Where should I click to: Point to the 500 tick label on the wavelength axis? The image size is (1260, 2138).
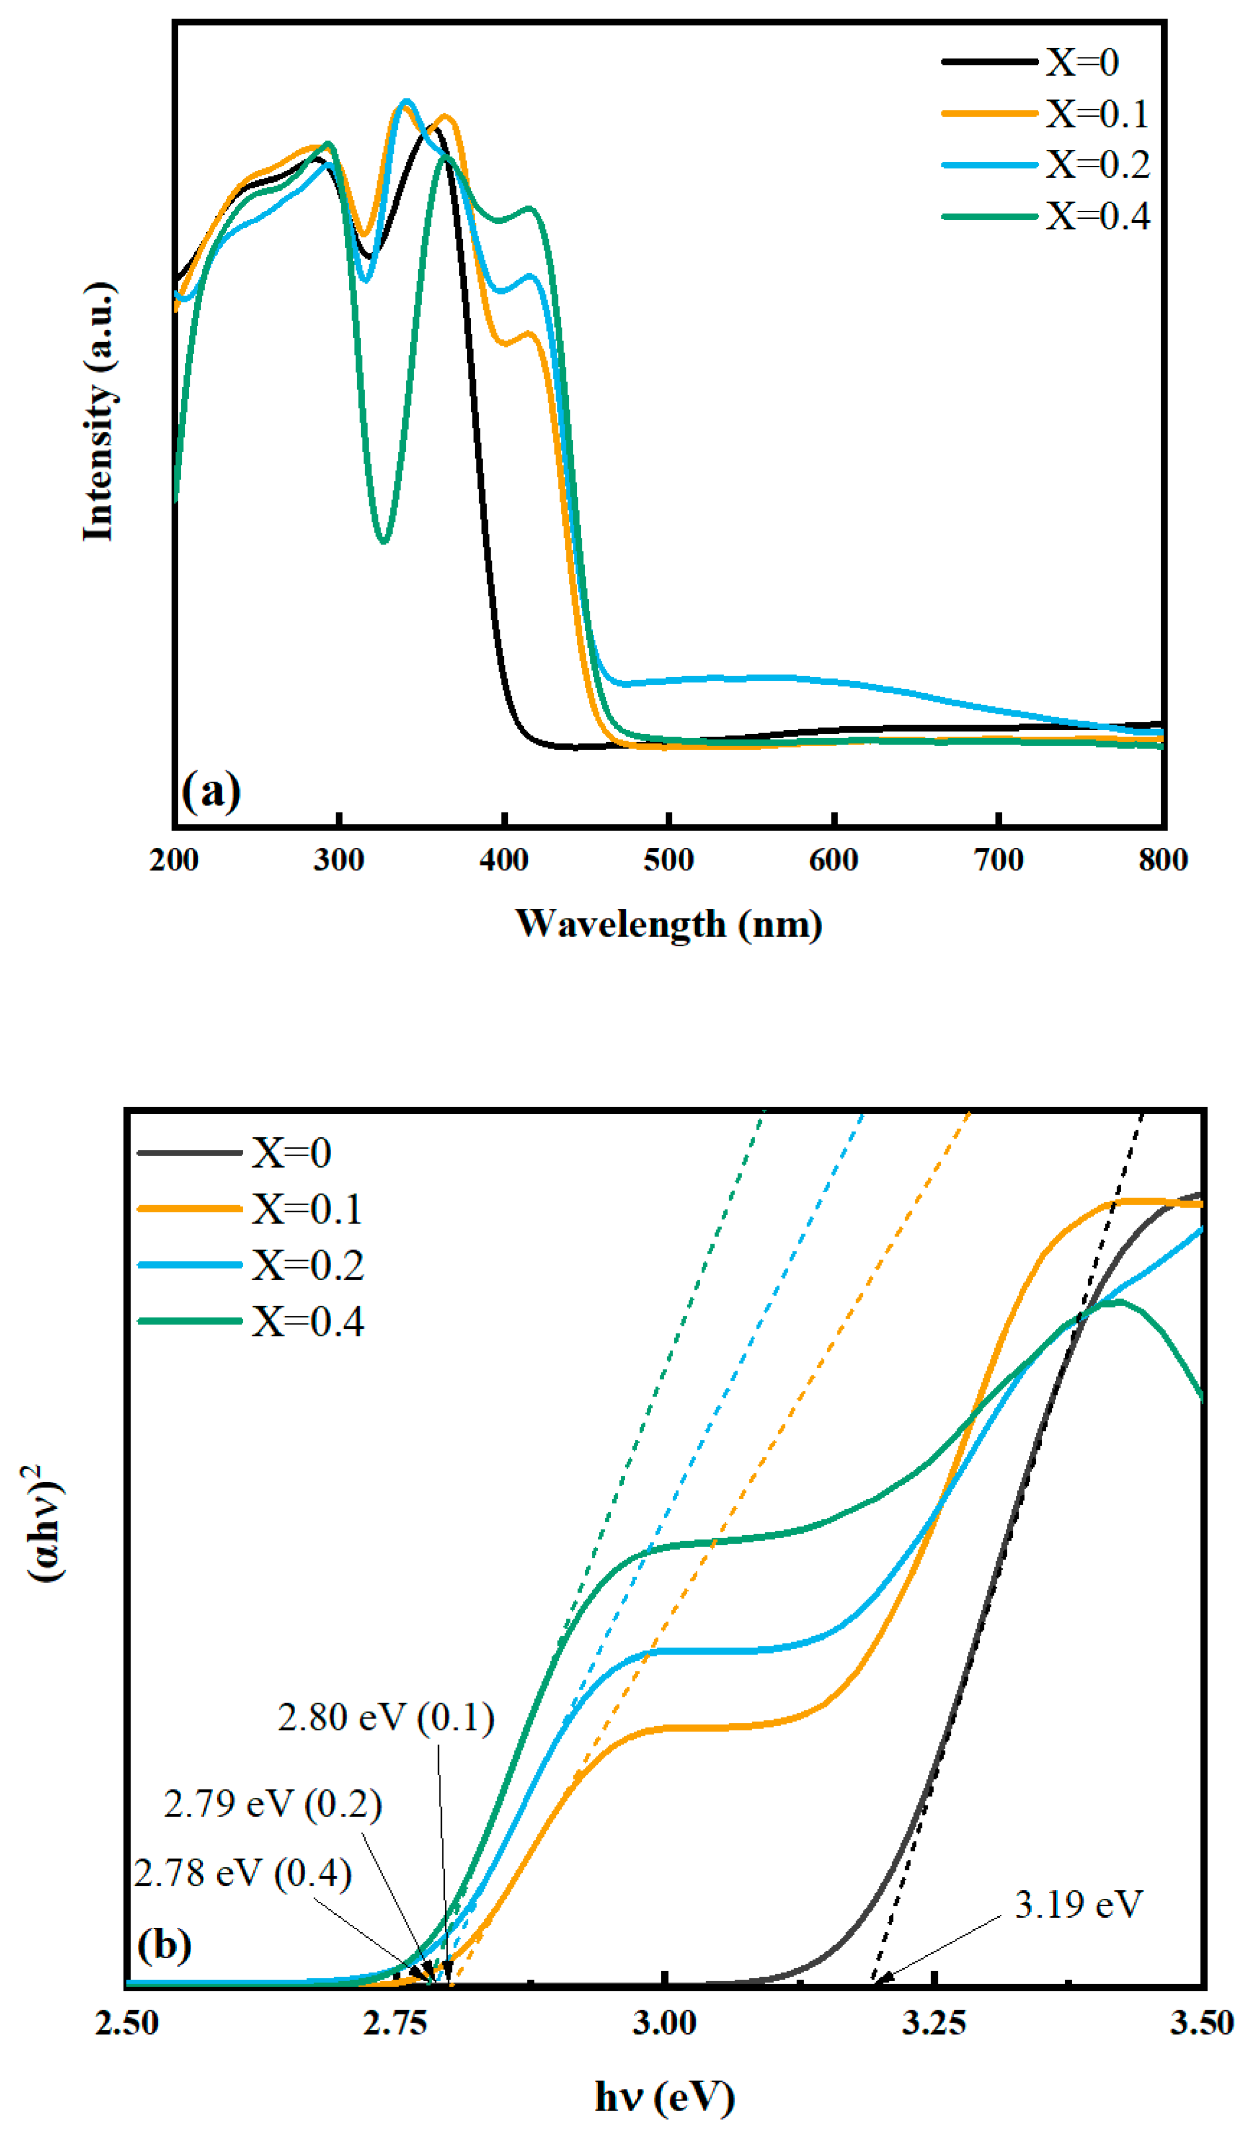point(669,860)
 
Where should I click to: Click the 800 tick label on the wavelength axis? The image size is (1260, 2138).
point(1162,860)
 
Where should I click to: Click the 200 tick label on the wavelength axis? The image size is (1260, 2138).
point(174,860)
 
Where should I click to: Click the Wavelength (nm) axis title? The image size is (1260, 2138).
point(669,924)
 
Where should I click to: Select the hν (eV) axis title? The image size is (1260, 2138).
point(665,2097)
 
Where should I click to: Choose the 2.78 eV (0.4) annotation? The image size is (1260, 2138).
point(243,1873)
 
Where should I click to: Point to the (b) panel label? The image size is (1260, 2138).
point(164,1944)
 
